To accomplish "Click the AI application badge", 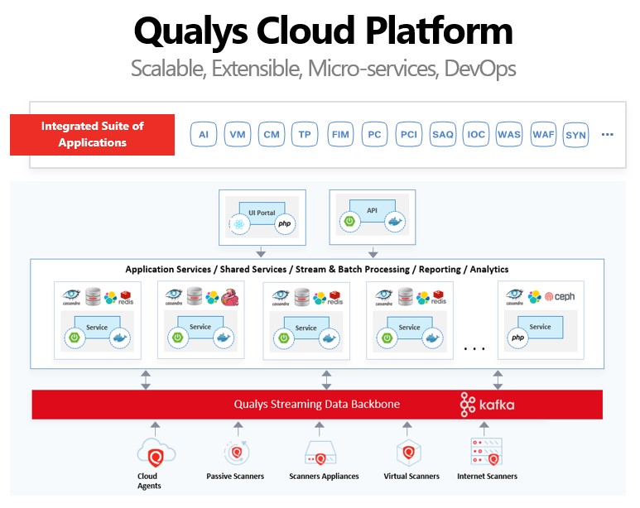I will [204, 134].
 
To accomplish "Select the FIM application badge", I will [339, 134].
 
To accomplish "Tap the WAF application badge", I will [543, 134].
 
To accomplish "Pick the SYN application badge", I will [575, 135].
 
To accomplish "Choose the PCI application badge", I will [408, 134].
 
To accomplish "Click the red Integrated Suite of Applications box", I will [92, 134].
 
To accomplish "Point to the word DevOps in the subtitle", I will [480, 69].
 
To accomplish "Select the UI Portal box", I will [262, 213].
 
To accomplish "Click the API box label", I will [372, 211].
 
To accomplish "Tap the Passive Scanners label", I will [235, 476].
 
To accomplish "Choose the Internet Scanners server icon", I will [487, 452].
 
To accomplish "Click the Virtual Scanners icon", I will [406, 453].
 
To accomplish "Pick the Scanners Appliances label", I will [324, 476].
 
